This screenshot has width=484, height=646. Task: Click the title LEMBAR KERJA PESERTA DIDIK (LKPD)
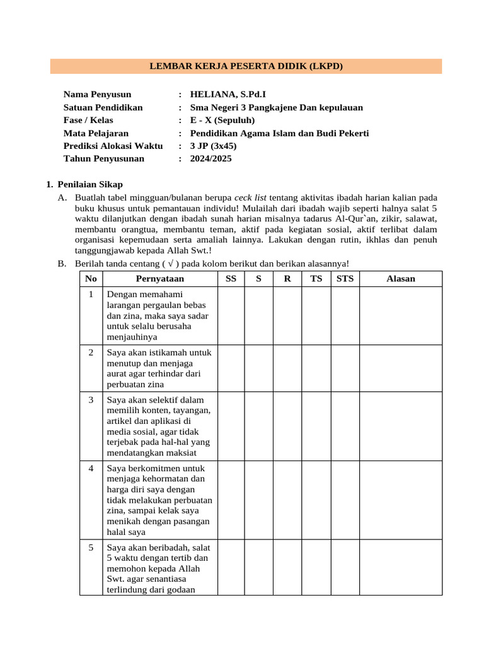coord(246,66)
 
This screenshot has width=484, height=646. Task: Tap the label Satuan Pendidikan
coord(103,107)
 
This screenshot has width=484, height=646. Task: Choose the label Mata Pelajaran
coord(96,133)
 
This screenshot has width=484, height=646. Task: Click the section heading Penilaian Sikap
coord(90,184)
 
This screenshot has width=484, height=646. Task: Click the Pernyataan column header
coord(160,278)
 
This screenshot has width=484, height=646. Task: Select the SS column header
coord(231,278)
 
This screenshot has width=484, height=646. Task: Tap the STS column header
coord(345,278)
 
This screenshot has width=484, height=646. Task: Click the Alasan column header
coord(400,278)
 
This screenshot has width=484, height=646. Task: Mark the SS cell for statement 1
coord(231,315)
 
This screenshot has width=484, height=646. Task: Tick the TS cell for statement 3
coord(316,425)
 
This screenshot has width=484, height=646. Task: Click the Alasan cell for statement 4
coord(400,500)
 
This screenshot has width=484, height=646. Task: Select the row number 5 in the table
coord(91,548)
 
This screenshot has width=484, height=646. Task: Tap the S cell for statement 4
coord(259,500)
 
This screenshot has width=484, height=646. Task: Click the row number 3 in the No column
coord(91,400)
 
